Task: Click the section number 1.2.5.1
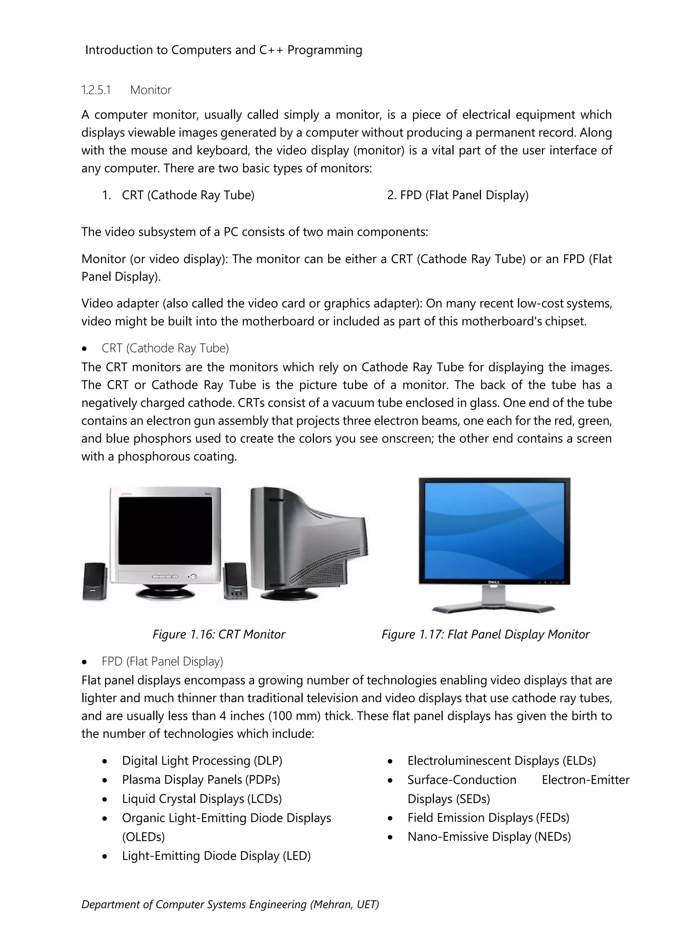96,90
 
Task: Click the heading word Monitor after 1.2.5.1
151,90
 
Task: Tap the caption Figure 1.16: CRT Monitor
219,634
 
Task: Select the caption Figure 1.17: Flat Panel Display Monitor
485,634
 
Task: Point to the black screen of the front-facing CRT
165,530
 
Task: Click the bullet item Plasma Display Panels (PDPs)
201,780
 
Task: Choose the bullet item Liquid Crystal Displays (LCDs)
202,799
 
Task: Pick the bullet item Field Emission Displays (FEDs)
488,818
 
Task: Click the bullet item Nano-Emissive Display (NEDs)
489,837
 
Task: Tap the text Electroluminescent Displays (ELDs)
501,761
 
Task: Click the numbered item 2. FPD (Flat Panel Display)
457,195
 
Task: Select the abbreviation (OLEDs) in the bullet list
143,837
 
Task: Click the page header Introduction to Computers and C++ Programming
223,50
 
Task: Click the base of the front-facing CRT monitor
165,593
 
